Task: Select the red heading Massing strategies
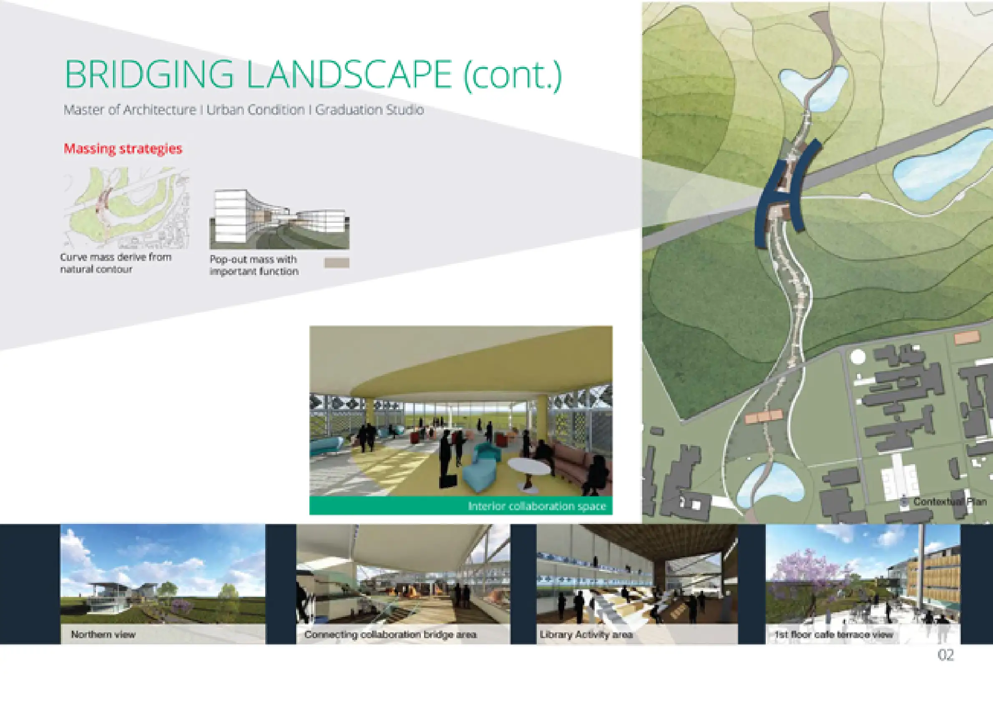tap(123, 148)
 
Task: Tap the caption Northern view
tap(103, 634)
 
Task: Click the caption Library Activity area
tap(586, 634)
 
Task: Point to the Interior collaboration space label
tap(537, 506)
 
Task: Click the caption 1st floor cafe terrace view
tap(833, 634)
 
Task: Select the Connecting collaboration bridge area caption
tap(390, 634)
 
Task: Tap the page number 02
tap(945, 655)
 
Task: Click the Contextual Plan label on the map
tap(950, 502)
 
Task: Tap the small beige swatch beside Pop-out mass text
tap(337, 262)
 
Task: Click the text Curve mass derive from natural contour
tap(116, 263)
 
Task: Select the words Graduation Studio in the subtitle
tap(369, 109)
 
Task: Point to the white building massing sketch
tap(279, 219)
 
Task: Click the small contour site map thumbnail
tap(126, 208)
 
